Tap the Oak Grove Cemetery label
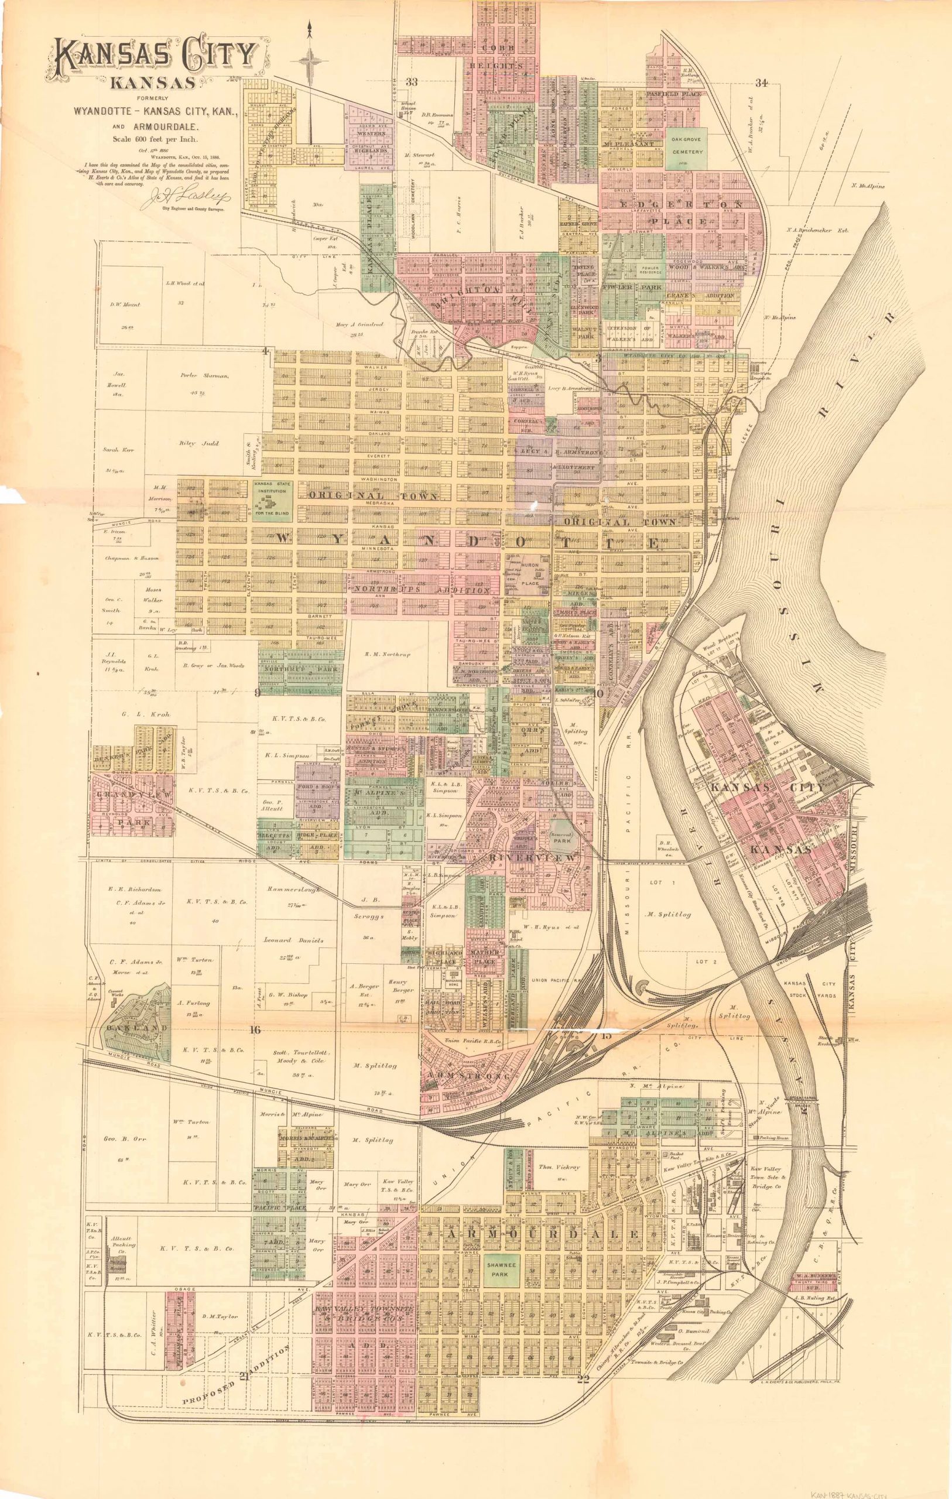[686, 146]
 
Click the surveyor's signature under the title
[188, 198]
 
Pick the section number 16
[255, 1029]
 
